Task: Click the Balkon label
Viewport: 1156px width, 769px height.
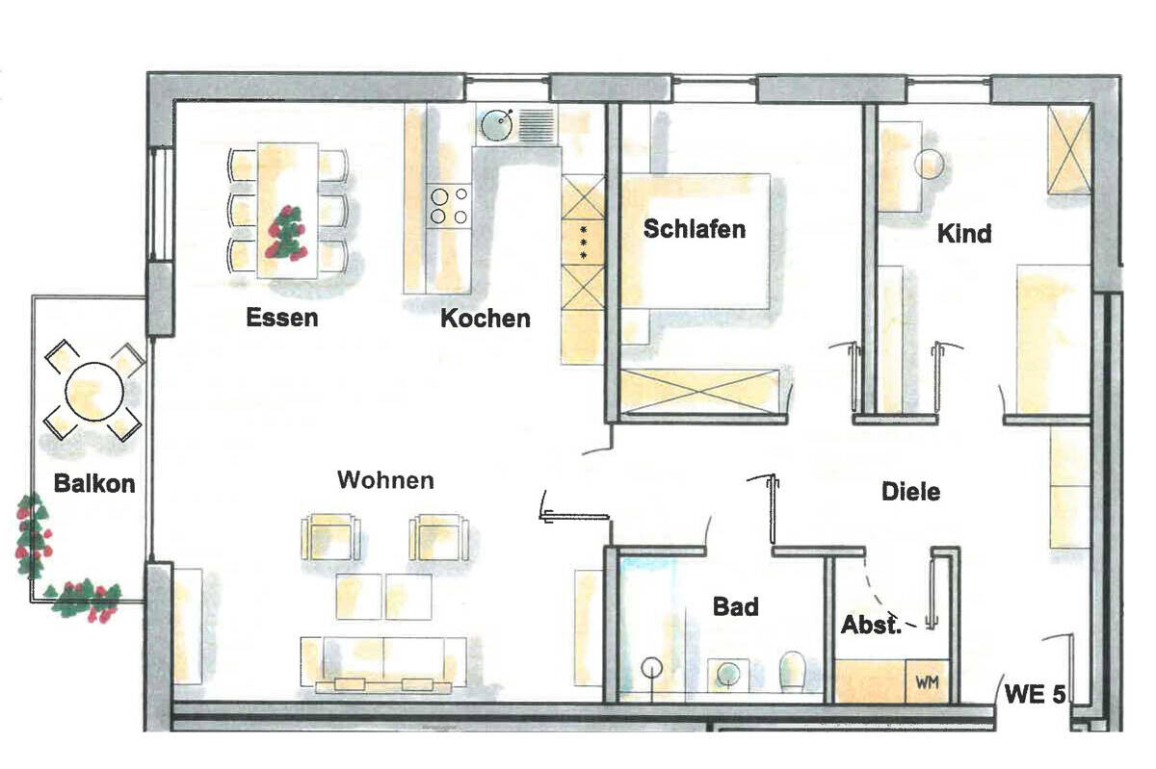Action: (93, 483)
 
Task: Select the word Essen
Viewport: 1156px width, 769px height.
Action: (281, 317)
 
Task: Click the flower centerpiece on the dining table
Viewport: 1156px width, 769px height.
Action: (287, 233)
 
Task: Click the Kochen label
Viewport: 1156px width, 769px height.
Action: (485, 318)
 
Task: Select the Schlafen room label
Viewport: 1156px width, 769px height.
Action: (695, 229)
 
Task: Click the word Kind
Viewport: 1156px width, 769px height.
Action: (964, 234)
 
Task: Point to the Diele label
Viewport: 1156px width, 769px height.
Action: (910, 492)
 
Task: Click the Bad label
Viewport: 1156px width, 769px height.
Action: (735, 607)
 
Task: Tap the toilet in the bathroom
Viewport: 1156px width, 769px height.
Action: (793, 670)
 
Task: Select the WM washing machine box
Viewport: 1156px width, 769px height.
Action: (927, 682)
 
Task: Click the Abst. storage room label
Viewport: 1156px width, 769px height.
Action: (871, 626)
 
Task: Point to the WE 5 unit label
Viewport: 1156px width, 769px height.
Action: (1035, 695)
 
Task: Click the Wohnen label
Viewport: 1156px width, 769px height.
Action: (385, 479)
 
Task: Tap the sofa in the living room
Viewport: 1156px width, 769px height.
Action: (385, 664)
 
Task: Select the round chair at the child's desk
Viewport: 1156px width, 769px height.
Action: (929, 166)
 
